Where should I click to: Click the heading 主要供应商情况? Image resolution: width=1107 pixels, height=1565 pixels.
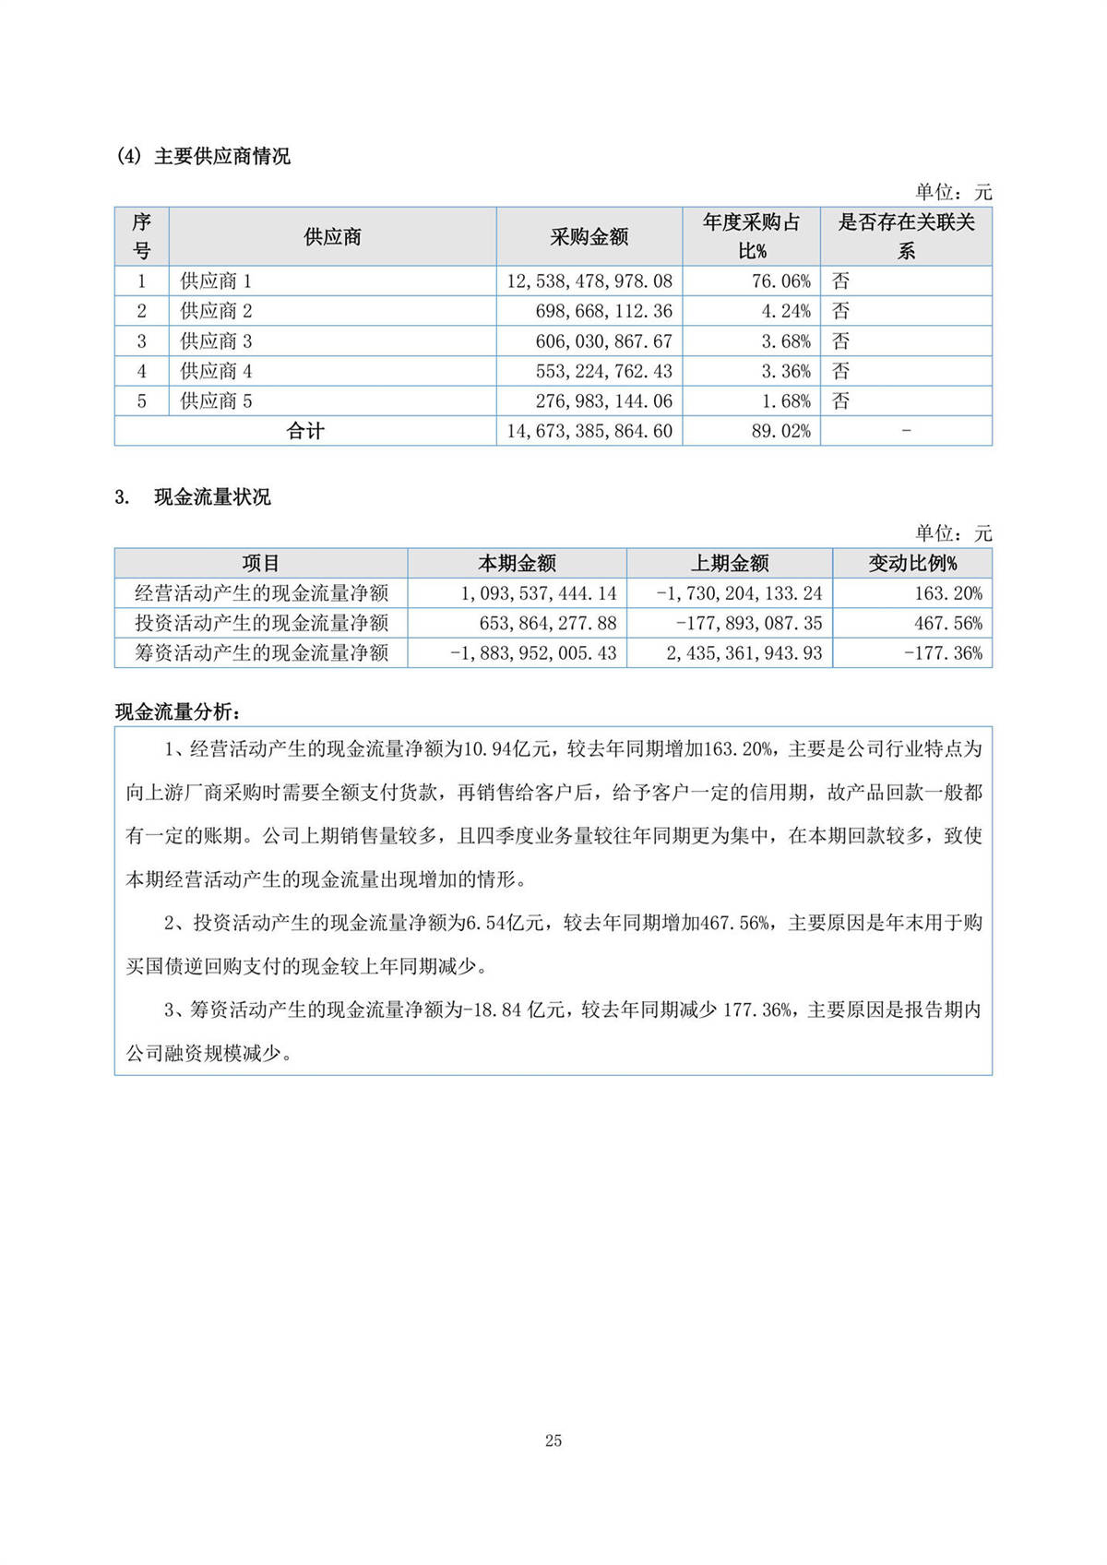[221, 157]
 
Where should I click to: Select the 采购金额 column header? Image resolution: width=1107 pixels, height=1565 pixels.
[589, 237]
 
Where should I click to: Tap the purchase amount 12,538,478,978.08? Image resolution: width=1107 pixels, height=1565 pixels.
[589, 281]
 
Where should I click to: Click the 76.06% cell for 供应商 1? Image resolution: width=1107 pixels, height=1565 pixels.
[780, 281]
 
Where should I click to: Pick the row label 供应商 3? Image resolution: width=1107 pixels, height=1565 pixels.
[216, 341]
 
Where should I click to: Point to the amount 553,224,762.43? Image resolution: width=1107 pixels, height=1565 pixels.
[603, 371]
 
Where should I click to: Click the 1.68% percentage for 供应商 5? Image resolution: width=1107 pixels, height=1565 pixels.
[786, 401]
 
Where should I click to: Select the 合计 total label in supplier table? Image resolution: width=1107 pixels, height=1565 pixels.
[305, 431]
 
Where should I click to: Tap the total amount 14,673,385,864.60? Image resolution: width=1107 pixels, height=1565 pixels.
[589, 431]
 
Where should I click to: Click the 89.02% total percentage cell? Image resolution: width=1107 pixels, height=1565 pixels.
[780, 431]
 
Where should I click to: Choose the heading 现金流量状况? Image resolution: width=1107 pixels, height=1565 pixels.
[212, 497]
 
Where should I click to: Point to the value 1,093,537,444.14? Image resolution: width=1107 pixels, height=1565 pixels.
[539, 593]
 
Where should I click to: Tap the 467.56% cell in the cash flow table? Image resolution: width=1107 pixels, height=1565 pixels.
[948, 623]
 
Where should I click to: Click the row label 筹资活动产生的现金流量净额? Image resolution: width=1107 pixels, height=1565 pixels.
[262, 653]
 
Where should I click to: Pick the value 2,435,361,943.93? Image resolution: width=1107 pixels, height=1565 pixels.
[744, 653]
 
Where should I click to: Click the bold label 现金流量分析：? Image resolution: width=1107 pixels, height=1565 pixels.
[180, 711]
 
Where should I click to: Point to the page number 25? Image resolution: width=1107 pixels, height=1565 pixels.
[553, 1440]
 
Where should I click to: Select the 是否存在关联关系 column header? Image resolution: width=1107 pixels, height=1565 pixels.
[906, 236]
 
